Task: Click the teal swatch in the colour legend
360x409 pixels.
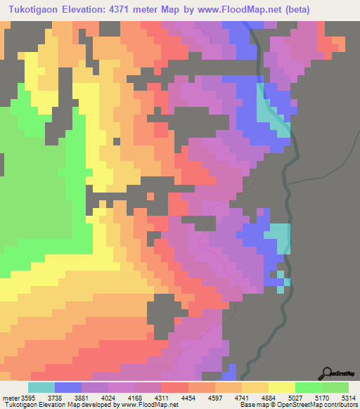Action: tap(41, 387)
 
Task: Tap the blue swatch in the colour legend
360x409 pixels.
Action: tap(68, 387)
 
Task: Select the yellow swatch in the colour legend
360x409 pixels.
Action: tap(282, 387)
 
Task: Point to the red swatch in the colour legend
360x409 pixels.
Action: tap(175, 387)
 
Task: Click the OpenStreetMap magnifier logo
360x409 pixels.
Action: tap(327, 372)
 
